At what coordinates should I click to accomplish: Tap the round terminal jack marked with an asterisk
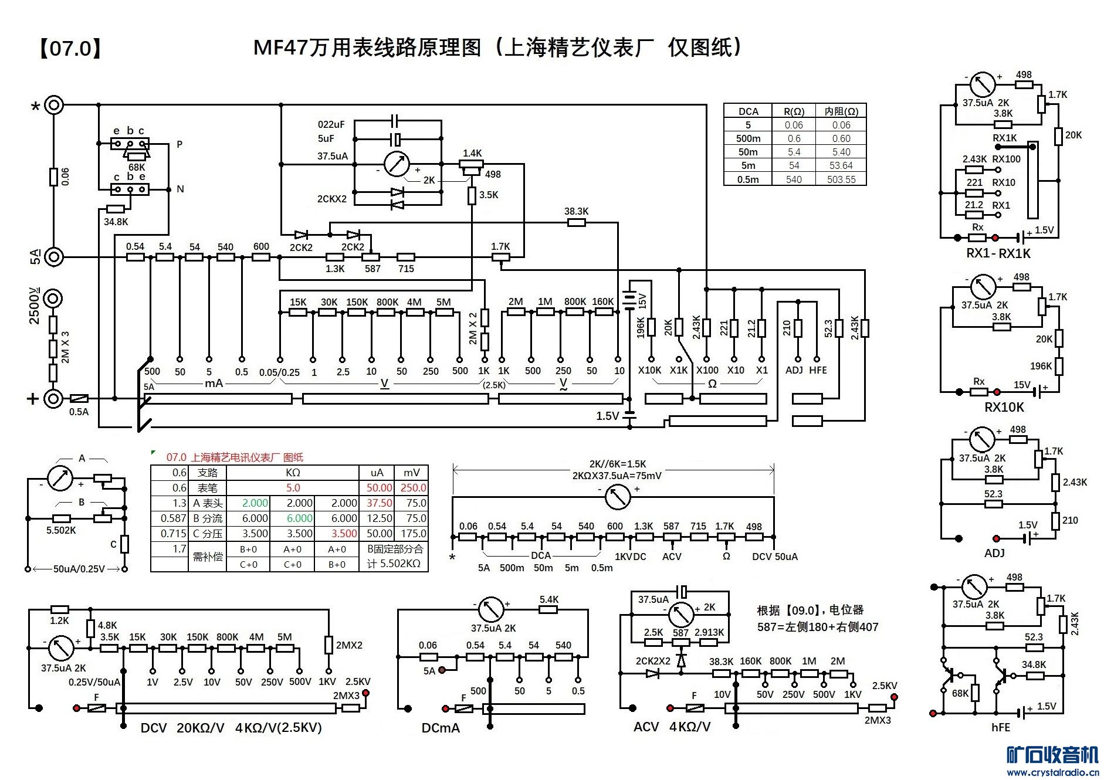[x=53, y=105]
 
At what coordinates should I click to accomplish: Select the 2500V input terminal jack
[x=53, y=299]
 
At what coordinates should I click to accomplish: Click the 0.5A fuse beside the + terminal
[x=79, y=399]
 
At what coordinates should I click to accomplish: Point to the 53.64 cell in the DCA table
[x=841, y=166]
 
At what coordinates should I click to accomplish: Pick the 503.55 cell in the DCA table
[x=841, y=179]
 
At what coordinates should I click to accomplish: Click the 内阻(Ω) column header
[x=841, y=111]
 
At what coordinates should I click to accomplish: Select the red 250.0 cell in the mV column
[x=413, y=488]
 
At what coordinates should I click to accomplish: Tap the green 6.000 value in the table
[x=299, y=518]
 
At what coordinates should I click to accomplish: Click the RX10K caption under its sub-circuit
[x=1004, y=407]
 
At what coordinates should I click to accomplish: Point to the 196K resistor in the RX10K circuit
[x=1059, y=366]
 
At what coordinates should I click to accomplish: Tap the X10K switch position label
[x=649, y=370]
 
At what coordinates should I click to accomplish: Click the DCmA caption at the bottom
[x=441, y=728]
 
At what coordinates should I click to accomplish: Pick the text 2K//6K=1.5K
[x=618, y=464]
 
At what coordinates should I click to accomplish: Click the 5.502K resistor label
[x=61, y=530]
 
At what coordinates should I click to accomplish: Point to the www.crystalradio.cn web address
[x=1052, y=772]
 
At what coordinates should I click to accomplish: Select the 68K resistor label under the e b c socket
[x=137, y=167]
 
